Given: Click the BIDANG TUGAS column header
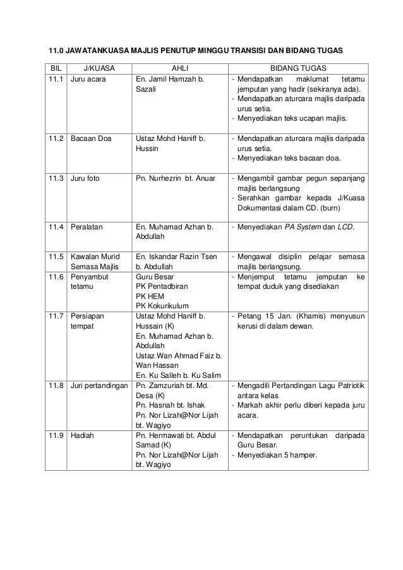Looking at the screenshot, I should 299,68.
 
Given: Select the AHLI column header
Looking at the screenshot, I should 180,68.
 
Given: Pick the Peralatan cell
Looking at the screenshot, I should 87,226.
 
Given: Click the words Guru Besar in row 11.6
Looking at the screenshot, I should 155,277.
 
